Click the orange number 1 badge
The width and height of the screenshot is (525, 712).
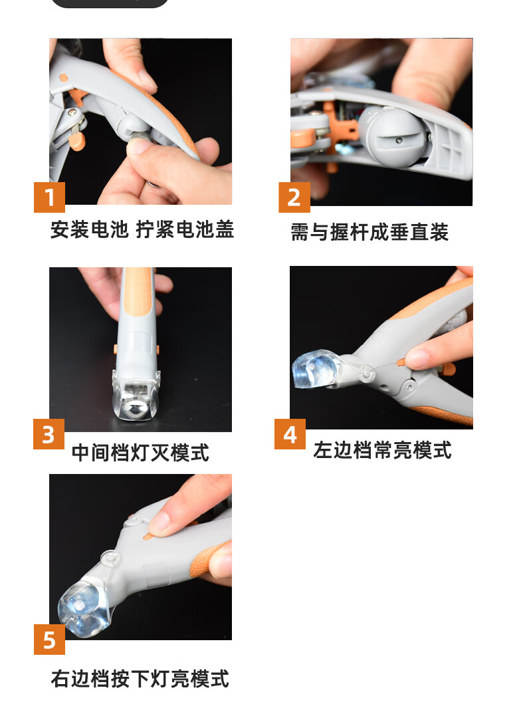click(49, 197)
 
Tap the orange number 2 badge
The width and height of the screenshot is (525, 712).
click(294, 197)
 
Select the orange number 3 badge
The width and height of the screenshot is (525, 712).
click(49, 434)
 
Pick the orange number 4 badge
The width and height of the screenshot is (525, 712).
click(290, 434)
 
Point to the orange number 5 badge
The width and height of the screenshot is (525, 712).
click(49, 640)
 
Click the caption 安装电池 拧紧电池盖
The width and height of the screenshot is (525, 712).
click(142, 229)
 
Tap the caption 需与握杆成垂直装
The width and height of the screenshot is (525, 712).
click(369, 232)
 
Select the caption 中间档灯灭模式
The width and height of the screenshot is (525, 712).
click(140, 453)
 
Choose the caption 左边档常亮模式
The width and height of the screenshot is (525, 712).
click(382, 450)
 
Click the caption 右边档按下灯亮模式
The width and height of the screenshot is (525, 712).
click(140, 679)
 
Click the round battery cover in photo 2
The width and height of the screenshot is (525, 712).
click(393, 136)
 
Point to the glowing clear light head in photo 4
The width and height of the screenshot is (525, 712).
click(316, 368)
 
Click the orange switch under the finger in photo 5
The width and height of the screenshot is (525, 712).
click(148, 536)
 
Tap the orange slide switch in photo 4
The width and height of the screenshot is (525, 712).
click(401, 362)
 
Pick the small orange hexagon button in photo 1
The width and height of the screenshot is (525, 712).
click(64, 78)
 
